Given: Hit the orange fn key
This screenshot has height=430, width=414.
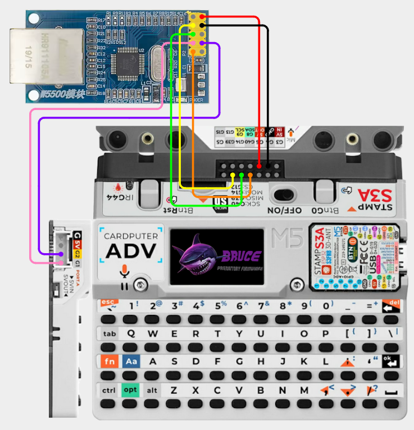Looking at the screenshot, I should pyautogui.click(x=109, y=362).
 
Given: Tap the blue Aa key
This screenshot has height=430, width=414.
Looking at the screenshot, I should pyautogui.click(x=130, y=362).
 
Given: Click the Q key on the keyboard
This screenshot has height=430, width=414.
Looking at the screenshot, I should pyautogui.click(x=130, y=333).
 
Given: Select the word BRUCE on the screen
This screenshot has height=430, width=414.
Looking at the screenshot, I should pyautogui.click(x=243, y=257).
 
